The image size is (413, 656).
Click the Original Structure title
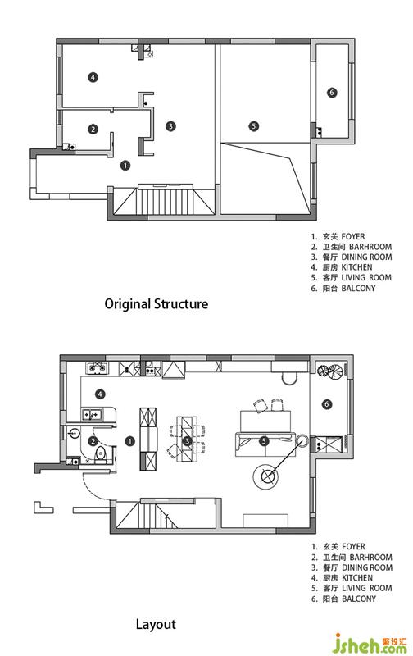[x=156, y=303]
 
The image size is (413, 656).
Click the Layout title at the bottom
[x=156, y=625]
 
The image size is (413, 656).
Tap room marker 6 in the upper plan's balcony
[x=332, y=93]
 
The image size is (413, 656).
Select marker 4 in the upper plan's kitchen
[x=93, y=77]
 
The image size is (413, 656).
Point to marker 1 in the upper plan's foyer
[x=125, y=166]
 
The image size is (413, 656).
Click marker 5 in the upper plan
[x=254, y=126]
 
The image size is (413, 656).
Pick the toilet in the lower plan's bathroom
[x=101, y=455]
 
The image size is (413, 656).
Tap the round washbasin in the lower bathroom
[x=74, y=433]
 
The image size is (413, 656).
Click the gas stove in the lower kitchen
[x=98, y=368]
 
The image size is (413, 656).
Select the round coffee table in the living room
[x=266, y=476]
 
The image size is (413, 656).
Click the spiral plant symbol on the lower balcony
[x=329, y=371]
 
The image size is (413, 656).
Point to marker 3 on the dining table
[x=187, y=440]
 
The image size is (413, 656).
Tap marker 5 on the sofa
[x=264, y=441]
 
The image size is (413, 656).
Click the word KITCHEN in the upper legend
[x=356, y=267]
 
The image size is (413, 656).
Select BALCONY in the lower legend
[x=359, y=599]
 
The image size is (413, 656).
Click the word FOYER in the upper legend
[x=353, y=236]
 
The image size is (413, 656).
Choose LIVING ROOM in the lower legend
[x=366, y=588]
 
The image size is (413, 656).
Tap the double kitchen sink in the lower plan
[x=92, y=414]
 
